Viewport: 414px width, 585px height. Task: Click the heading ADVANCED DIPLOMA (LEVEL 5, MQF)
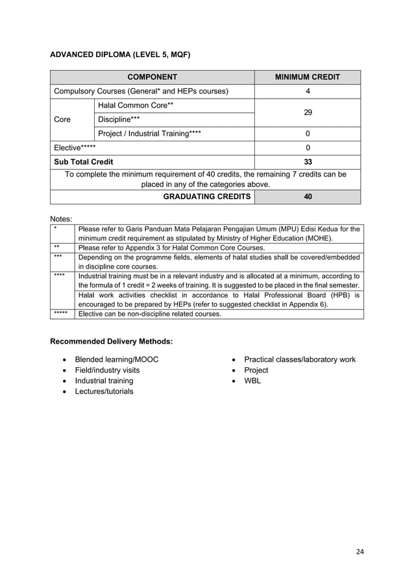(120, 54)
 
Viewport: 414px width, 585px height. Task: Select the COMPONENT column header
(152, 77)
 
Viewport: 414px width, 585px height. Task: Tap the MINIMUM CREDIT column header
(307, 77)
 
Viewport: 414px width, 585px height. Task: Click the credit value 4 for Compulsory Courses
(307, 91)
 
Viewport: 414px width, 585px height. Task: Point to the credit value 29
(307, 113)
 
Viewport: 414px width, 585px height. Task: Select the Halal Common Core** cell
(136, 106)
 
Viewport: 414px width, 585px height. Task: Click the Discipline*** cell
(119, 120)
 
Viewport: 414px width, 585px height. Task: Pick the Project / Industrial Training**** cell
(149, 134)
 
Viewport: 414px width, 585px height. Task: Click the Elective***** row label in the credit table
(74, 148)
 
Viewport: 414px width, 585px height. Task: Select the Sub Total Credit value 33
(307, 162)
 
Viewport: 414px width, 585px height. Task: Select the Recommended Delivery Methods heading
(112, 340)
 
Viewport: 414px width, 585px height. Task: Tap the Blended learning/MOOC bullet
(116, 359)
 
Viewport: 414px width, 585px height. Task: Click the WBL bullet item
(252, 381)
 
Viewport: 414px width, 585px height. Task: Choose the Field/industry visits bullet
(107, 370)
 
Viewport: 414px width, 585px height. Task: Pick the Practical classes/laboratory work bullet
(299, 359)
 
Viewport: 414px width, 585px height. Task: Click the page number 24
(360, 553)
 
